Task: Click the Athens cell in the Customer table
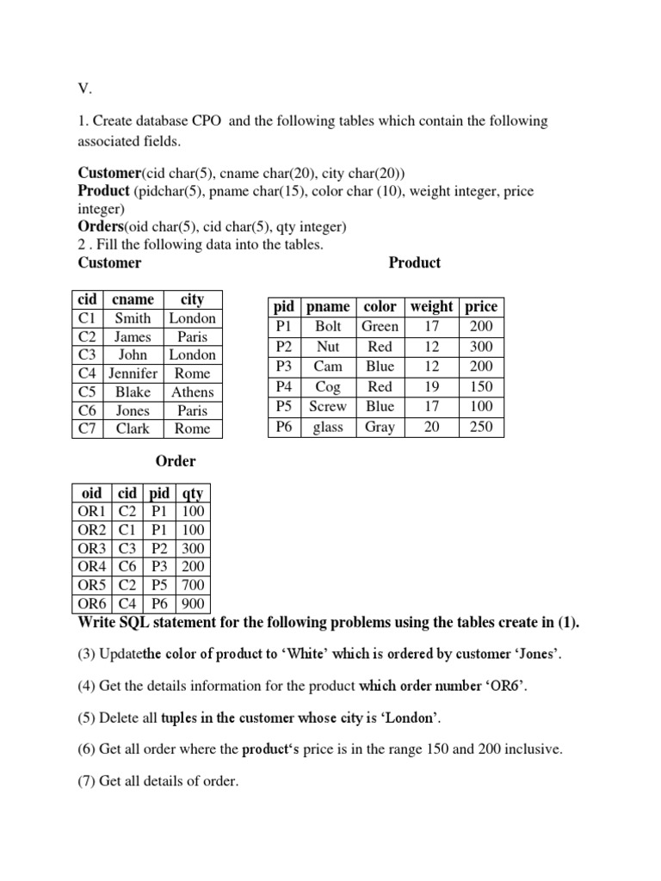click(193, 391)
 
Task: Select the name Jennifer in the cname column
click(133, 373)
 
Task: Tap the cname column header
click(133, 299)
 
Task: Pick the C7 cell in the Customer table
click(87, 428)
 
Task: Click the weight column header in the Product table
click(431, 306)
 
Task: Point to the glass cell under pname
click(328, 427)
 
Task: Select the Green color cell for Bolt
click(380, 326)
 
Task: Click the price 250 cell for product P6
click(481, 427)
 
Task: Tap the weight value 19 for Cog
click(431, 386)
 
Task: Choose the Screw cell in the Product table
click(328, 406)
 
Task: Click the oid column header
click(90, 493)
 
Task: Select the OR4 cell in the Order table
click(90, 567)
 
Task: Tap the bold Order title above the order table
click(176, 461)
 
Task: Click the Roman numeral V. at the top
click(84, 87)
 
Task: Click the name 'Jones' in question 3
click(533, 655)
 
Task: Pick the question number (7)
click(88, 781)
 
